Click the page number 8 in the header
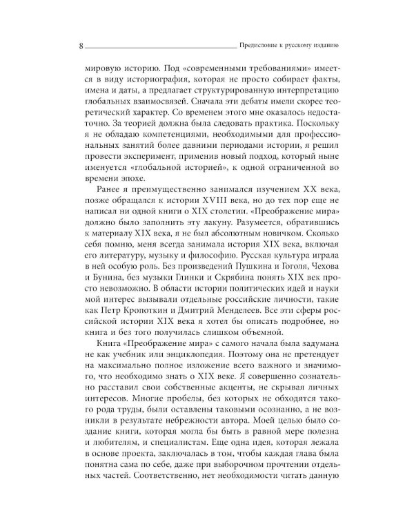(81, 47)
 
